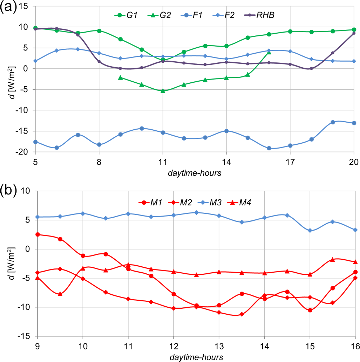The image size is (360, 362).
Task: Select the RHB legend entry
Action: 266,15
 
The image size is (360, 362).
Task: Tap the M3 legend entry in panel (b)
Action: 210,202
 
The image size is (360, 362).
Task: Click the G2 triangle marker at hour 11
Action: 163,91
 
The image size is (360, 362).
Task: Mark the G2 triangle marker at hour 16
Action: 269,52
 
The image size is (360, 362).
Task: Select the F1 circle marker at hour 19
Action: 333,122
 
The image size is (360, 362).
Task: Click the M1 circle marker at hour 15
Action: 310,310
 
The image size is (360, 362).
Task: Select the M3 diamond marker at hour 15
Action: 310,231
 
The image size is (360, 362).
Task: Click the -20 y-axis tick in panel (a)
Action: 27,152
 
